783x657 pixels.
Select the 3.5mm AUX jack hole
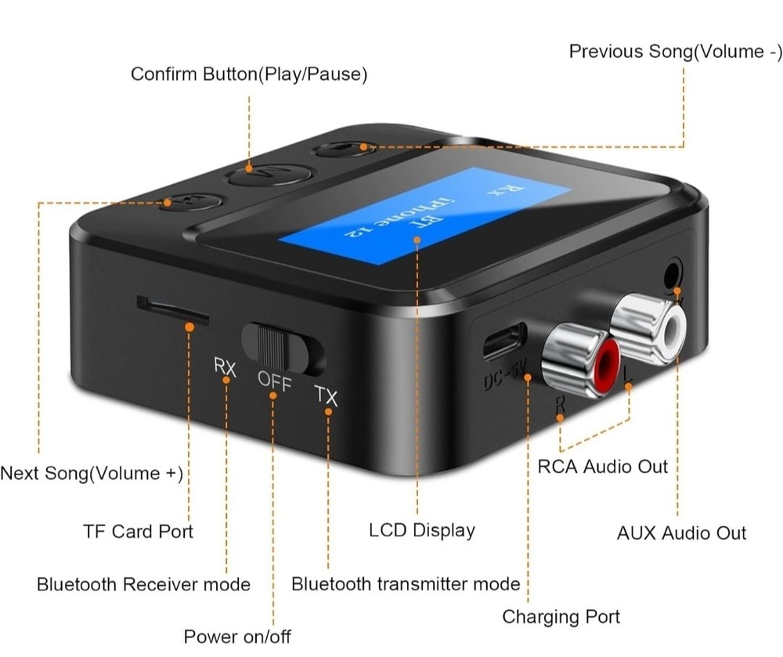pyautogui.click(x=671, y=276)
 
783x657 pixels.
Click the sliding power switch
pyautogui.click(x=282, y=347)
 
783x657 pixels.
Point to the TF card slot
pyautogui.click(x=172, y=309)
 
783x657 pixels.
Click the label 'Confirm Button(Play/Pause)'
pyautogui.click(x=249, y=74)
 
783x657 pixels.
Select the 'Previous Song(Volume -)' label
pyautogui.click(x=675, y=52)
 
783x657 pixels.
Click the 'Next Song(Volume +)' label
pyautogui.click(x=92, y=474)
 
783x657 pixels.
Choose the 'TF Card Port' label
pyautogui.click(x=138, y=531)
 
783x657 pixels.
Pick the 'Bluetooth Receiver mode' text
pyautogui.click(x=143, y=584)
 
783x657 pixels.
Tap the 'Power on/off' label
pyautogui.click(x=236, y=636)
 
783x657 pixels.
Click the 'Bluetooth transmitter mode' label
pyautogui.click(x=406, y=583)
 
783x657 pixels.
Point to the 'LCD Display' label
pyautogui.click(x=421, y=530)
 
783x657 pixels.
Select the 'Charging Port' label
pyautogui.click(x=561, y=616)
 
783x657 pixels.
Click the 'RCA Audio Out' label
pyautogui.click(x=603, y=467)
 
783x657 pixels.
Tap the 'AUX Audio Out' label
pyautogui.click(x=681, y=533)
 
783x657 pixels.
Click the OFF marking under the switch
pyautogui.click(x=274, y=383)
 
